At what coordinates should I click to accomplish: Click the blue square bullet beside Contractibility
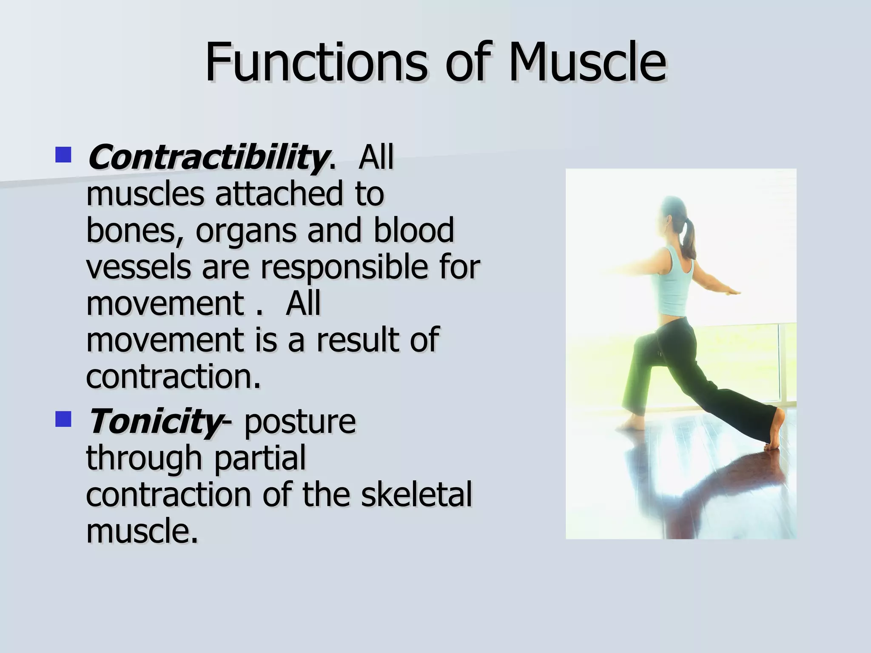[x=63, y=155]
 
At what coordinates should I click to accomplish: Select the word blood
[x=414, y=230]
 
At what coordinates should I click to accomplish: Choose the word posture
[x=300, y=423]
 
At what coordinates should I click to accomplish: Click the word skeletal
[x=417, y=494]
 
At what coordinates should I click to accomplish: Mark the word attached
[x=279, y=194]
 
